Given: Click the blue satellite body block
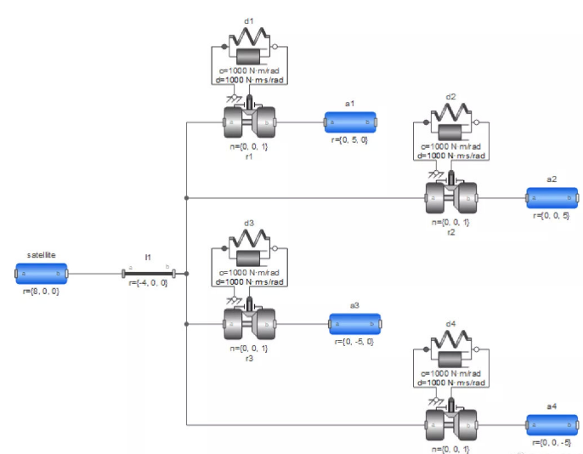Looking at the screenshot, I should coord(41,274).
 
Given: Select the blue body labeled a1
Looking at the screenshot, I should coord(348,122).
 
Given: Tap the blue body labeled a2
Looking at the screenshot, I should coord(552,198).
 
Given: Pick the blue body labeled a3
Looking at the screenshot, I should coord(355,324).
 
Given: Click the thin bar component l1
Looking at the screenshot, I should coord(148,274).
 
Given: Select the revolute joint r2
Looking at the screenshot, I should coord(450,197).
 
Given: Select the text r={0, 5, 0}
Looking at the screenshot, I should coord(348,139).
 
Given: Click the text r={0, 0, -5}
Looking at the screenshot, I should coord(552,441).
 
